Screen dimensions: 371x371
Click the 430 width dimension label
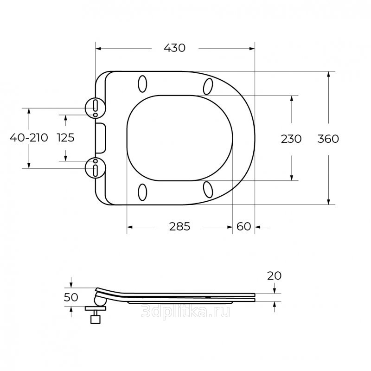175,48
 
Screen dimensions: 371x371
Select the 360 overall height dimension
328,139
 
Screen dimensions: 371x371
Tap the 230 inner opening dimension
291,139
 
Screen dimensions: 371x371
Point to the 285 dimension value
179,227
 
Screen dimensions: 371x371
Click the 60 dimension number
244,227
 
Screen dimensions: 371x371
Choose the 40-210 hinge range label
29,138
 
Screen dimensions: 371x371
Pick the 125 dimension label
66,138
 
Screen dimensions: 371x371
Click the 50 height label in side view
71,297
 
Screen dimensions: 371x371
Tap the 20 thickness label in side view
275,276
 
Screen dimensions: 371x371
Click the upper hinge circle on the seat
96,108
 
